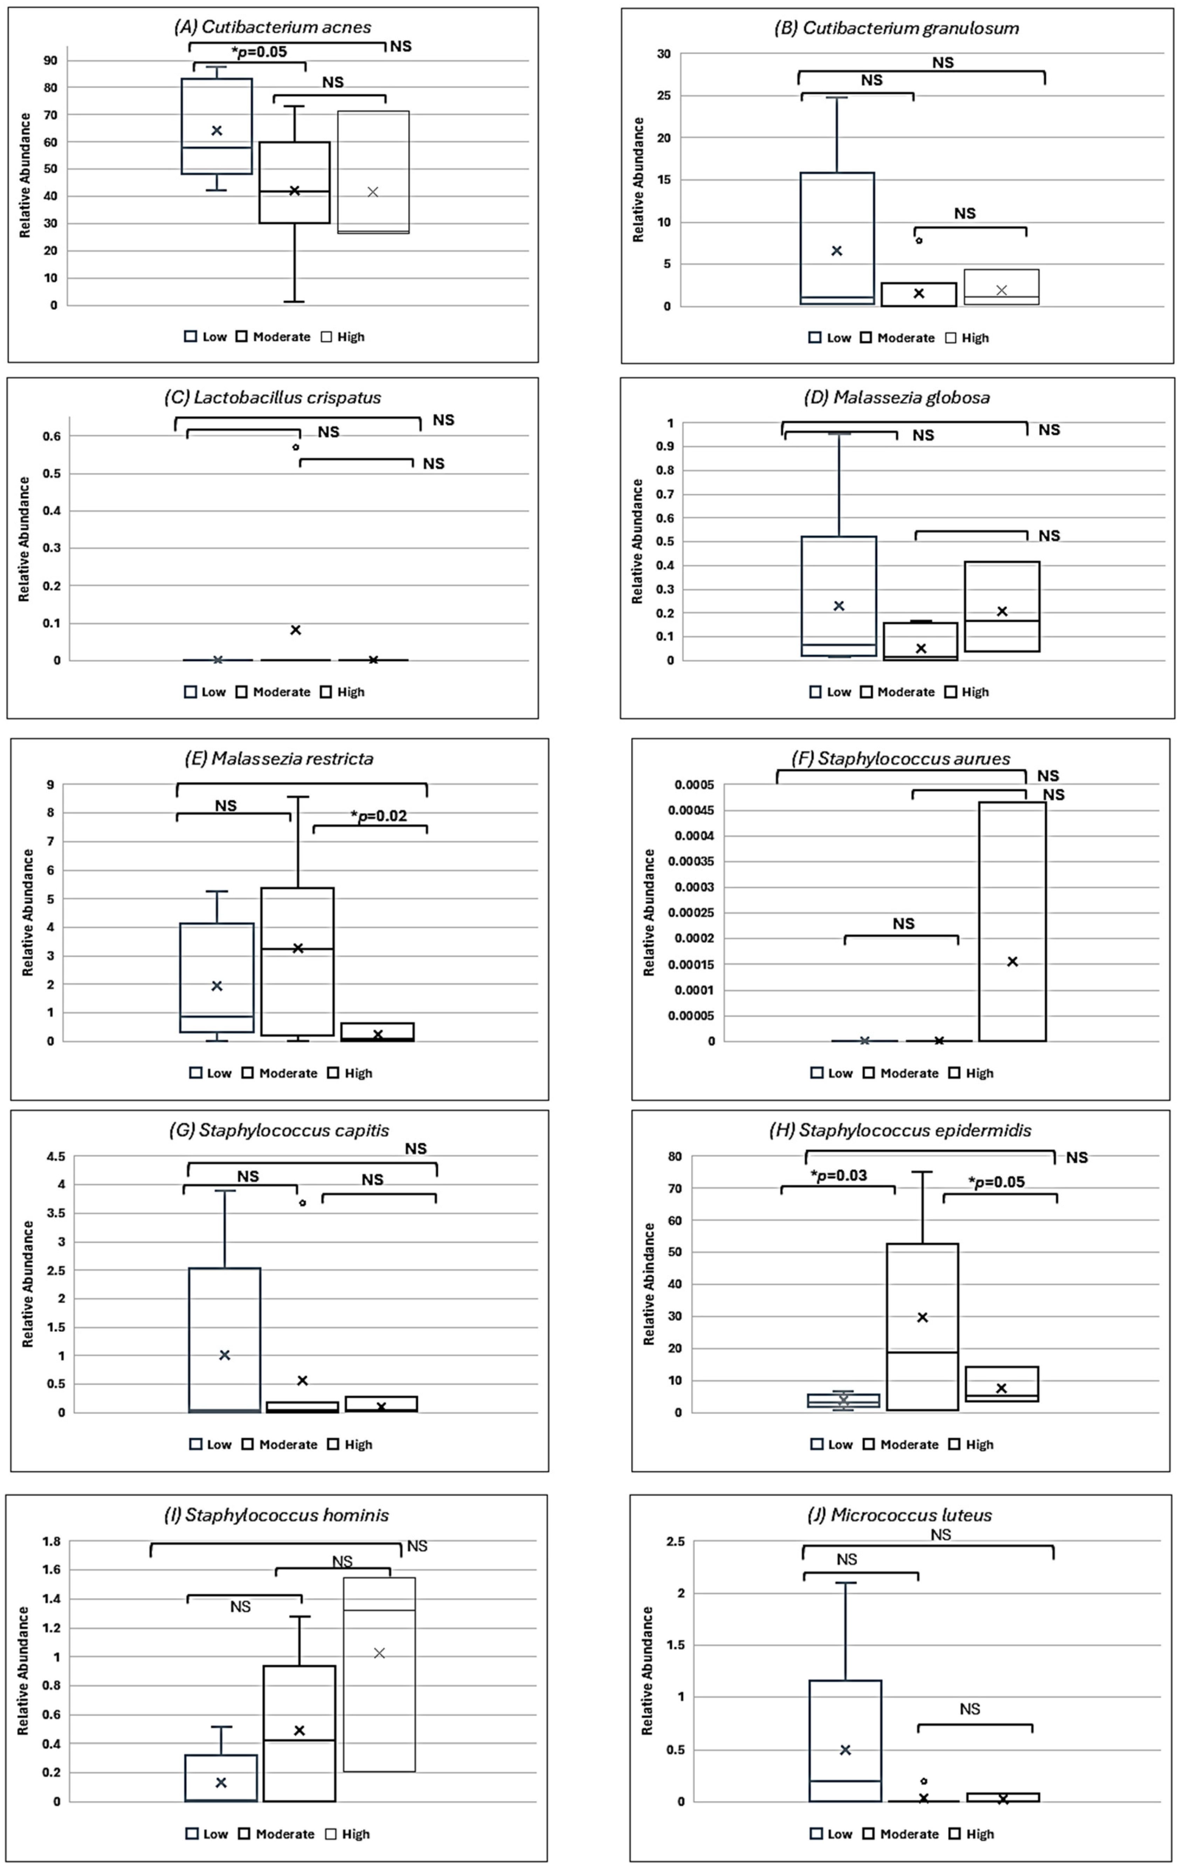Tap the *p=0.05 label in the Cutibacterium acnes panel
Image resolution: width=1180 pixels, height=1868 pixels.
[x=259, y=52]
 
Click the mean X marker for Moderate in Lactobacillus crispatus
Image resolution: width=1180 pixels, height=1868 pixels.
[x=296, y=630]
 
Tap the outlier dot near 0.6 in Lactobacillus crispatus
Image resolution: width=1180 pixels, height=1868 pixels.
[x=296, y=447]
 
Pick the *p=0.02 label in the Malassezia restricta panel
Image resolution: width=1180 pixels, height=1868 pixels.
[x=379, y=815]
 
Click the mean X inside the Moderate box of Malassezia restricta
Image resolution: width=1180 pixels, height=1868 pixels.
[x=297, y=948]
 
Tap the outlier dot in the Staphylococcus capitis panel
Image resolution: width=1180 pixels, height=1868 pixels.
[x=303, y=1202]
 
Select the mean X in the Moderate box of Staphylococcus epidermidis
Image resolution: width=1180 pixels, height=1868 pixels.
[x=923, y=1317]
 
